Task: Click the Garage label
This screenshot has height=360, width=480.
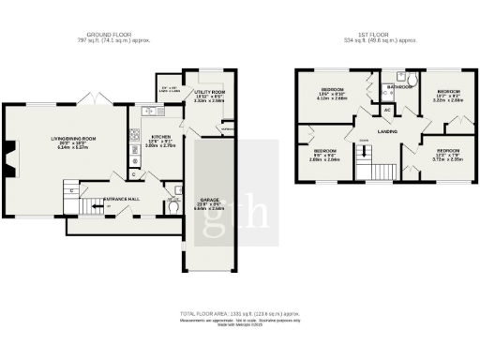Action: [210, 200]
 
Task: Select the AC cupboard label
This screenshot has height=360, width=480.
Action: [387, 111]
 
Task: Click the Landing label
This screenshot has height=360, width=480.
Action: [386, 132]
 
